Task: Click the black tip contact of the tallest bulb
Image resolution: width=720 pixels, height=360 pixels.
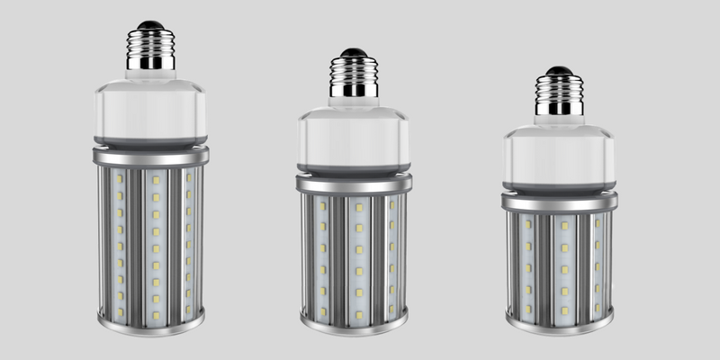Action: (150, 25)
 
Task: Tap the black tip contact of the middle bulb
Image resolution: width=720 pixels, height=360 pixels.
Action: (354, 52)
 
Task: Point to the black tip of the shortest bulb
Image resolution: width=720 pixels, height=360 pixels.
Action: (559, 70)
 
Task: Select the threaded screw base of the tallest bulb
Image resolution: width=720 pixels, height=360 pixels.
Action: (150, 50)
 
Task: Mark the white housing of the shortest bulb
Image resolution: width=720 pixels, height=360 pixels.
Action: (559, 155)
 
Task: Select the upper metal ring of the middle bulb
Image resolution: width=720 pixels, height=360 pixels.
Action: (354, 184)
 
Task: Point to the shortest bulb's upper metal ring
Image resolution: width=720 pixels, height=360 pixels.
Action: (559, 202)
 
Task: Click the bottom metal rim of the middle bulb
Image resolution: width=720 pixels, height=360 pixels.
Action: (354, 324)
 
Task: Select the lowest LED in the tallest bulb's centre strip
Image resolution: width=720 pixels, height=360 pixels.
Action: (155, 314)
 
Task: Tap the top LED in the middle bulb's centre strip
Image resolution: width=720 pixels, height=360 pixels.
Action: (357, 207)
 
